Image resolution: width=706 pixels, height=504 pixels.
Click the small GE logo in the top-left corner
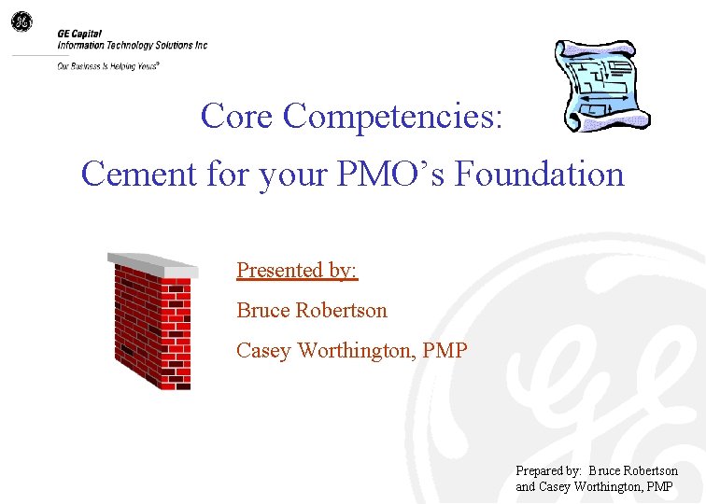pyautogui.click(x=21, y=21)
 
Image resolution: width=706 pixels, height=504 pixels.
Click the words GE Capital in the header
pyautogui.click(x=79, y=34)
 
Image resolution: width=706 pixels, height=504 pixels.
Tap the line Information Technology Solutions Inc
pyautogui.click(x=132, y=45)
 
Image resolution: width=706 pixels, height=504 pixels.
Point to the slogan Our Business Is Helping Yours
pyautogui.click(x=107, y=66)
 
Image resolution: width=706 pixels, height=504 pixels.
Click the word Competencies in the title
pyautogui.click(x=393, y=117)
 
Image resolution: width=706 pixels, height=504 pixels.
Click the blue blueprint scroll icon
pyautogui.click(x=600, y=87)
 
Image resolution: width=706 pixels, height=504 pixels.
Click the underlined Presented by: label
pyautogui.click(x=297, y=270)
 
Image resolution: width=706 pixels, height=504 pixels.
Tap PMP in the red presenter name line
pyautogui.click(x=445, y=351)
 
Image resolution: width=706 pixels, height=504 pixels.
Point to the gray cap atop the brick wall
pyautogui.click(x=151, y=263)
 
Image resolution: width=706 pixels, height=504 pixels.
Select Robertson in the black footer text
pyautogui.click(x=647, y=470)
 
